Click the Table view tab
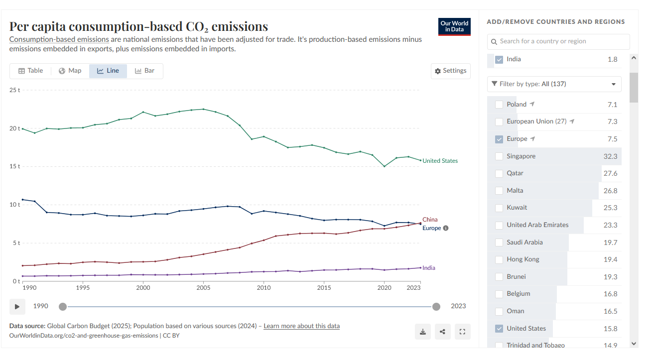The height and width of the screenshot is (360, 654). (x=31, y=71)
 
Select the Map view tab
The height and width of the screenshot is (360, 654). (x=70, y=71)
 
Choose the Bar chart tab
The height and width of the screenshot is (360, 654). (x=144, y=71)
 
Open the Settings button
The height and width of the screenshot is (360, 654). (x=450, y=71)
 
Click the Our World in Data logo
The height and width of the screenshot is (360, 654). (x=454, y=26)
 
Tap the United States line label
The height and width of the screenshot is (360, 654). (x=440, y=161)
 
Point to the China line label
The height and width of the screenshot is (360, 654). (x=430, y=220)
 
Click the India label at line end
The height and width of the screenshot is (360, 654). (x=428, y=268)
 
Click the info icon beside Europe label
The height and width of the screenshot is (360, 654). (x=445, y=229)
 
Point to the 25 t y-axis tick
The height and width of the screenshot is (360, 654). (x=14, y=90)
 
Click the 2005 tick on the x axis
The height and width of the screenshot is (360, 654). (x=203, y=288)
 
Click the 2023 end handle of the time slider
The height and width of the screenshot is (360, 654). (x=436, y=307)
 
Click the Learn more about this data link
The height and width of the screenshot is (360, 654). (x=302, y=326)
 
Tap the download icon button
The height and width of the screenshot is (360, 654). (x=423, y=332)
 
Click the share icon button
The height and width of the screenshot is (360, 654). (x=443, y=332)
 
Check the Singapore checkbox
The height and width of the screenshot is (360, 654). (x=499, y=156)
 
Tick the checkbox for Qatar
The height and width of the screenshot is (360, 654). (x=499, y=173)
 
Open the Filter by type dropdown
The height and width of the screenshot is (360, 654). (x=554, y=84)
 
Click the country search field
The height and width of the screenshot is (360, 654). (x=558, y=41)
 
